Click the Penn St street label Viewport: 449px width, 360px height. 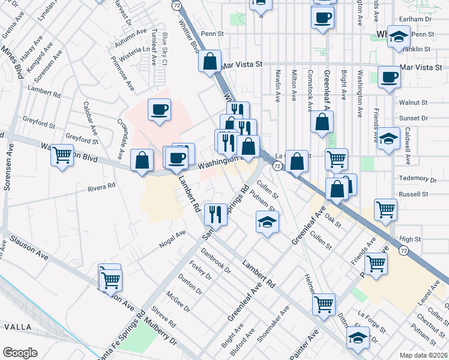tap(212, 34)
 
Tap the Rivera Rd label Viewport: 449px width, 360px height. tap(101, 187)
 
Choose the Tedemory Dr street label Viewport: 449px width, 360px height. tap(417, 179)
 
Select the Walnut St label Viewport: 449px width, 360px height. tap(413, 103)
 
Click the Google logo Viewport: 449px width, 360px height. tap(20, 353)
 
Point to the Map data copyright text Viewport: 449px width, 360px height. tap(423, 355)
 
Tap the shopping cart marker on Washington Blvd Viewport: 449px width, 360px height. tap(62, 155)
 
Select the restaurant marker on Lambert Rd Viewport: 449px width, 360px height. tap(214, 213)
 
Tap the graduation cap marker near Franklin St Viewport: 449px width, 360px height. tap(398, 38)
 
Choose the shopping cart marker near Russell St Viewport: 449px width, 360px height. tap(385, 209)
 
